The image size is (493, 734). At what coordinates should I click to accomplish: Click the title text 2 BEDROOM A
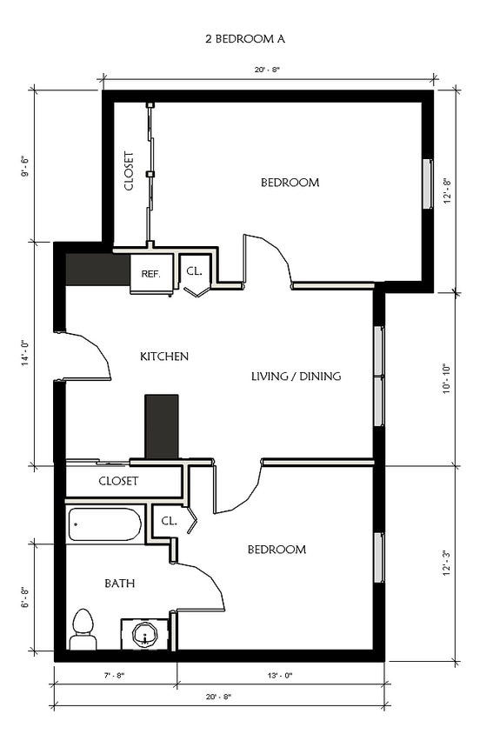tap(246, 39)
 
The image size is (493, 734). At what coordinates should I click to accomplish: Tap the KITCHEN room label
tap(164, 357)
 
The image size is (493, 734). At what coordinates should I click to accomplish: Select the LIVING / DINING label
tap(296, 377)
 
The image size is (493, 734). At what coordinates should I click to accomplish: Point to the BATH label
tap(120, 584)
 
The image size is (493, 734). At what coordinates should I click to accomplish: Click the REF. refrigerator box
tap(150, 274)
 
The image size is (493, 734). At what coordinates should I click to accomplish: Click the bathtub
tap(104, 525)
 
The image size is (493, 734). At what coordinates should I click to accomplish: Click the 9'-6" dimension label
tap(27, 166)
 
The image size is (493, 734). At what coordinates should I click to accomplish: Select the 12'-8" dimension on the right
tap(446, 190)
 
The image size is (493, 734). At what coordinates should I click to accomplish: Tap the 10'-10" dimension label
tap(446, 378)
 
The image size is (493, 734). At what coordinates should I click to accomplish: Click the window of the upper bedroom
tap(427, 183)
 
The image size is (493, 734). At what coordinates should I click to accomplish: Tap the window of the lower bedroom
tap(379, 557)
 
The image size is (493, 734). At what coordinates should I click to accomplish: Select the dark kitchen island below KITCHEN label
tap(161, 426)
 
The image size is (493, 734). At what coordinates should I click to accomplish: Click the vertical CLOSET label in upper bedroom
tap(129, 172)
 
